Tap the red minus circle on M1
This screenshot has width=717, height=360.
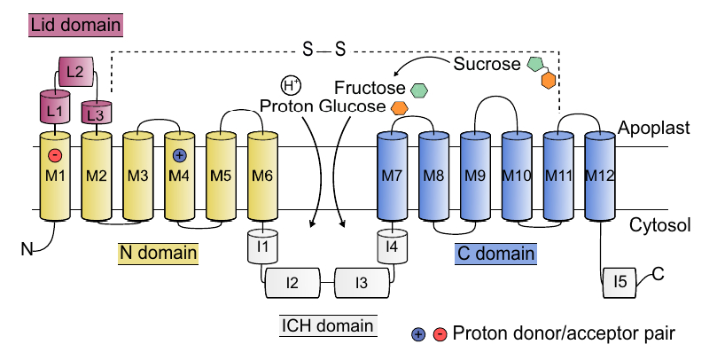click(55, 156)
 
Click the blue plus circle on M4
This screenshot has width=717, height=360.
click(180, 155)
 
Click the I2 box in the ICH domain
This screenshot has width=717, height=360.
click(292, 284)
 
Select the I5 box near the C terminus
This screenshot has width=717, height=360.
click(620, 283)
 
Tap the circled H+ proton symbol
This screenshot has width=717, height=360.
click(289, 85)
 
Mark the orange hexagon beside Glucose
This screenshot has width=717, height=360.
click(400, 107)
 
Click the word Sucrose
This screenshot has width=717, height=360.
click(486, 64)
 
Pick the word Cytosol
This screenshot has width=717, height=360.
click(658, 226)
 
